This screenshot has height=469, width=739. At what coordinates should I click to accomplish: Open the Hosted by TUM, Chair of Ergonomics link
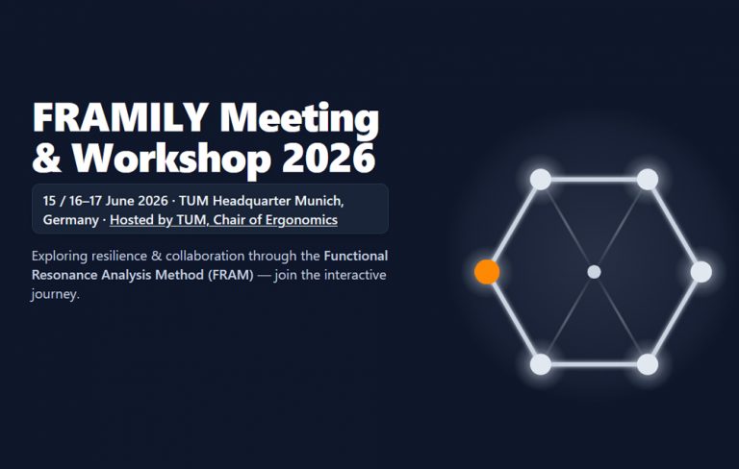[223, 220]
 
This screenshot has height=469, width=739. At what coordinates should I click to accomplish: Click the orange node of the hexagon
[487, 272]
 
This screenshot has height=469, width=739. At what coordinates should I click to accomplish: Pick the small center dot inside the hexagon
[594, 272]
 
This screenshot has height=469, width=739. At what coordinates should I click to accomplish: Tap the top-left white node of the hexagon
[541, 180]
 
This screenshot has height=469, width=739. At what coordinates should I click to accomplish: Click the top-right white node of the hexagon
[648, 180]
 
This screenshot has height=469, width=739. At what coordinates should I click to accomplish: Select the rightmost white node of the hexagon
[701, 272]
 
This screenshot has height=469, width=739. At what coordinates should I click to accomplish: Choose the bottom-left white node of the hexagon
[541, 364]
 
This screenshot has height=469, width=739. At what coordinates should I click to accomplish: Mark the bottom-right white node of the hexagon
[648, 364]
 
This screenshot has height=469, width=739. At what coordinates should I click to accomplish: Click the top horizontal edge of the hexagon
[594, 180]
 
